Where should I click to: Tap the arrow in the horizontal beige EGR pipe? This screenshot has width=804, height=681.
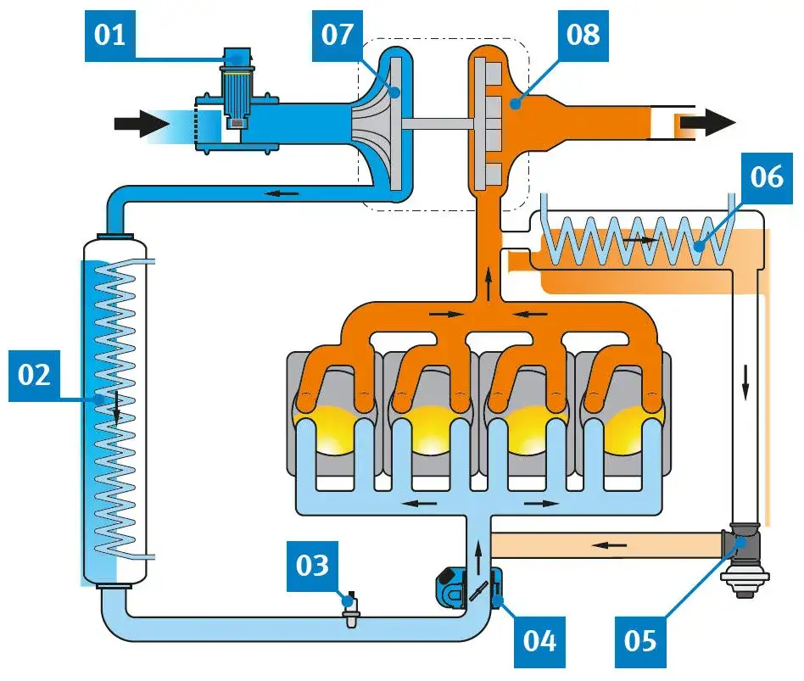(605, 544)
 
